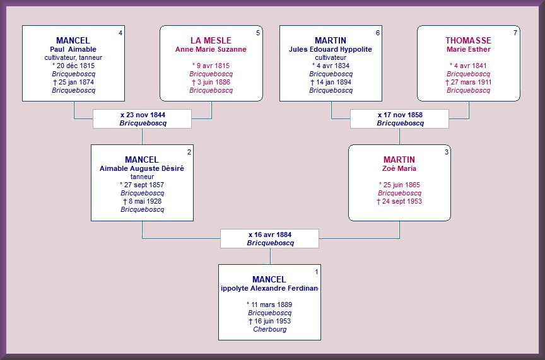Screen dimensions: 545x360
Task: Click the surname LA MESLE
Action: (211, 40)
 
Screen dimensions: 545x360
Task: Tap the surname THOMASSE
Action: (468, 40)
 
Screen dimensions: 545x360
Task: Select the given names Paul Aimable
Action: (73, 49)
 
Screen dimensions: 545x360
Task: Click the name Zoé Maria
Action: (399, 168)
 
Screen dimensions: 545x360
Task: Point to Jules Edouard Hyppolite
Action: (330, 49)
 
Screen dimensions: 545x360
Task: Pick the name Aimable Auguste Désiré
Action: (142, 168)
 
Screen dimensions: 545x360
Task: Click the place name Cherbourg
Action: (270, 329)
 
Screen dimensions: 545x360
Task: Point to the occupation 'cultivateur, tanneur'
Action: (73, 57)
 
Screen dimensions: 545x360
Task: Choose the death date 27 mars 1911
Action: (468, 83)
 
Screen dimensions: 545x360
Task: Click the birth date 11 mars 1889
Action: (269, 305)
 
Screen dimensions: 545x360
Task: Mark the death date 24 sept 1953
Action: (399, 202)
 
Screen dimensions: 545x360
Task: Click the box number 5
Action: (258, 33)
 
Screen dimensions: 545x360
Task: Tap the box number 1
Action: (316, 272)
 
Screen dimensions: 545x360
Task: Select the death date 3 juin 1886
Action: (211, 83)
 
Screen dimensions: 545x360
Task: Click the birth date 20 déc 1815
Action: (73, 66)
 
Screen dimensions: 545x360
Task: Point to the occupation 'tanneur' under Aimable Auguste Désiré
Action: (142, 177)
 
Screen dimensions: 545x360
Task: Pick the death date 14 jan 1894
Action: (331, 83)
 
